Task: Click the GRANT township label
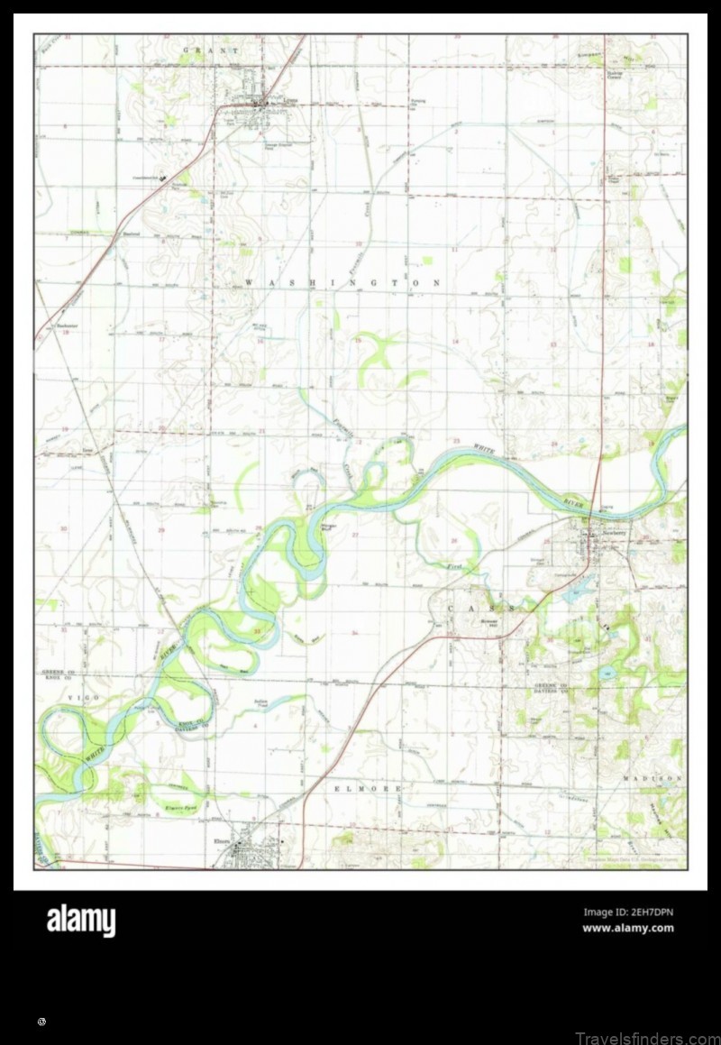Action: [x=212, y=51]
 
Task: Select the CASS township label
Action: [x=481, y=610]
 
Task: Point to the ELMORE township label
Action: [x=367, y=788]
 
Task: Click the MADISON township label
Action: [x=652, y=777]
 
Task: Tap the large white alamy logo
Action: [x=81, y=921]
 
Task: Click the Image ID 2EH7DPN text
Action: [x=627, y=912]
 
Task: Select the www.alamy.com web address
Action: [x=627, y=928]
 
